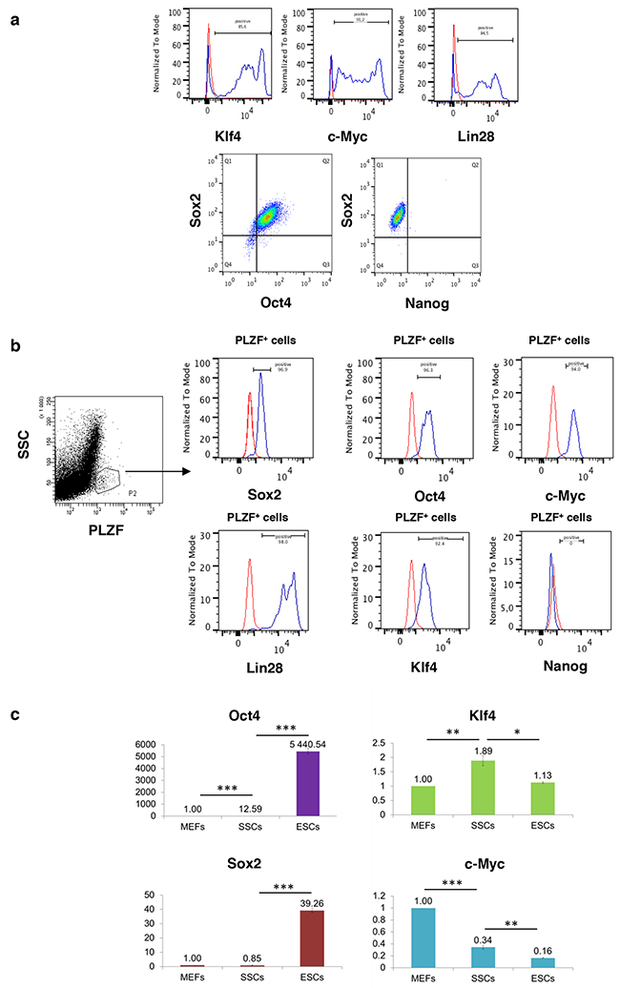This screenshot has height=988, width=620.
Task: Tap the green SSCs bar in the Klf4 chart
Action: (489, 788)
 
